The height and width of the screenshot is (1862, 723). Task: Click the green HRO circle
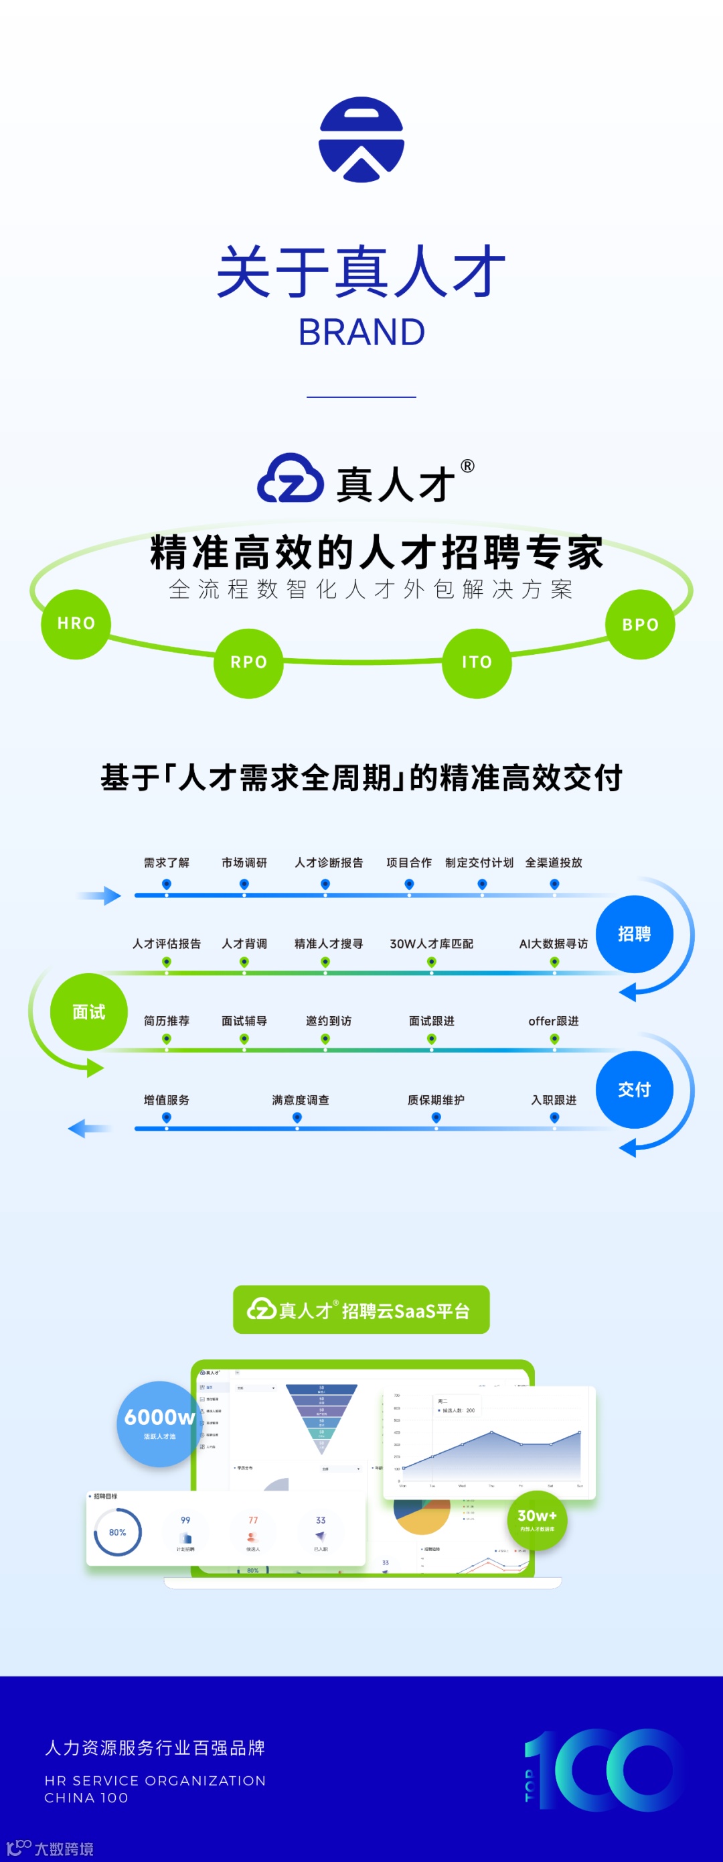coord(76,624)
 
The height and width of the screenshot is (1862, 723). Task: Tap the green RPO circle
coord(248,663)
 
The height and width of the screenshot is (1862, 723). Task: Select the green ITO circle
coord(477,663)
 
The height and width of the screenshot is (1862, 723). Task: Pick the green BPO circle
coord(640,625)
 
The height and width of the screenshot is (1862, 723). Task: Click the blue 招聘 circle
coord(634,934)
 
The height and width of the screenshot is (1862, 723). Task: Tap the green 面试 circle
coord(89,1012)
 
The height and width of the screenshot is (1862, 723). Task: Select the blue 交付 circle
coord(634,1089)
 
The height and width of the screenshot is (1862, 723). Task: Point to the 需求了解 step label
coord(166,863)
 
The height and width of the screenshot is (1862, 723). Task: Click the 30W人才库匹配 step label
coord(431,943)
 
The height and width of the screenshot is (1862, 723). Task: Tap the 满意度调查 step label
coord(301,1099)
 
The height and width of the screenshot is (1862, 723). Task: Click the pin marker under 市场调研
coord(244,884)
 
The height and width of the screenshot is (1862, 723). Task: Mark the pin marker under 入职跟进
coord(554,1117)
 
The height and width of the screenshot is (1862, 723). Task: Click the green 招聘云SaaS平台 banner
coord(361,1310)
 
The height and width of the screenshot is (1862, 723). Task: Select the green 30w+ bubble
coord(537,1520)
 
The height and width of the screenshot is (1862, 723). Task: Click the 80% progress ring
coord(117,1532)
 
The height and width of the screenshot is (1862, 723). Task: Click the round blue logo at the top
coord(361,139)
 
